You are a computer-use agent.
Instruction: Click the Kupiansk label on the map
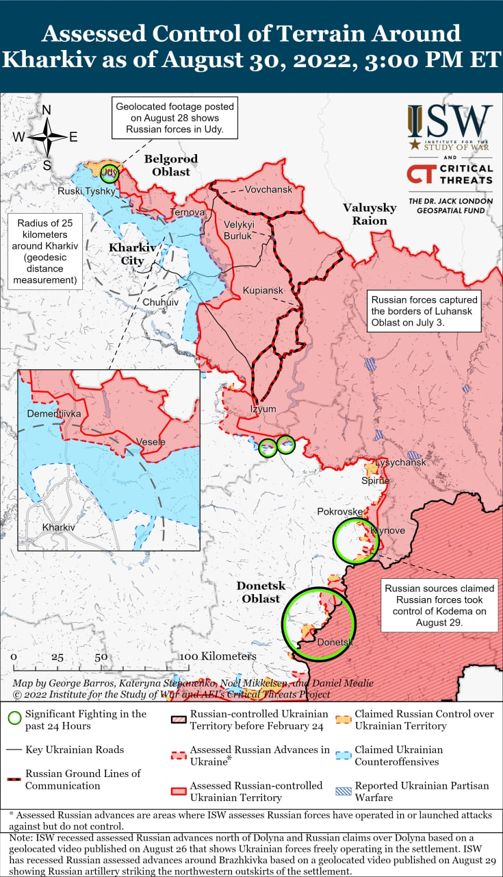pos(263,291)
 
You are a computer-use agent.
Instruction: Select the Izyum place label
pos(263,409)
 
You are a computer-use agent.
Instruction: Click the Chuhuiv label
pos(161,301)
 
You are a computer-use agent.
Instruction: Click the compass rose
pos(47,137)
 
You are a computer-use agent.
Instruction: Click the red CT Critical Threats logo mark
pos(418,174)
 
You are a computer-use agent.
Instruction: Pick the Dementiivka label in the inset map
pos(54,415)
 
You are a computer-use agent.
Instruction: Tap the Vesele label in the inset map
pos(151,442)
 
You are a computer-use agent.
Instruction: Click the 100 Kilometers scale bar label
pos(218,656)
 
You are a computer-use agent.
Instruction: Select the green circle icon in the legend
pos(14,719)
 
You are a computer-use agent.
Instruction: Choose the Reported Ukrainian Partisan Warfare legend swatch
pos(345,791)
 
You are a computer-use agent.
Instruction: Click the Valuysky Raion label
pos(370,214)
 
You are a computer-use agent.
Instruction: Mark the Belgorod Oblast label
pos(171,165)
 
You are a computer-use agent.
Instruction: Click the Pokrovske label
pos(339,512)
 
